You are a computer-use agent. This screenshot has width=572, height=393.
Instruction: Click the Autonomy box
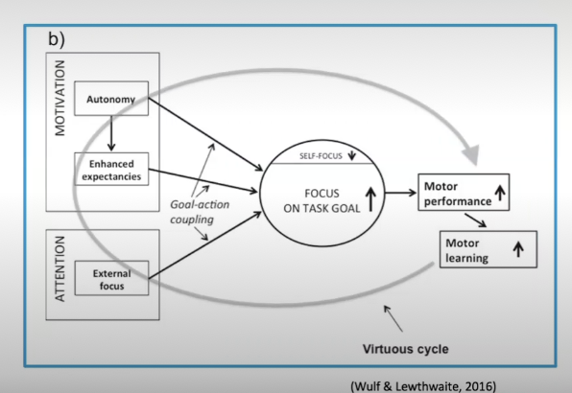(111, 99)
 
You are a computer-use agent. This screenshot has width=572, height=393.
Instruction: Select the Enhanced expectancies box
(111, 169)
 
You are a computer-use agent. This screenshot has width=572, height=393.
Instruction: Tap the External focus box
(111, 278)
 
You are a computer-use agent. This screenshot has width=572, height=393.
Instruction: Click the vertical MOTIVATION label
(60, 98)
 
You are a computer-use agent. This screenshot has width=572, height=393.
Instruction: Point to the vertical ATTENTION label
(60, 268)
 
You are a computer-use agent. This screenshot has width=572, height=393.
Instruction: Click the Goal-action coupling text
(200, 212)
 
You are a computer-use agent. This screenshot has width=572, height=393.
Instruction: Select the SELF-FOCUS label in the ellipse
(321, 156)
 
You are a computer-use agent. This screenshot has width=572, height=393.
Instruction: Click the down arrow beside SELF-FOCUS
(351, 155)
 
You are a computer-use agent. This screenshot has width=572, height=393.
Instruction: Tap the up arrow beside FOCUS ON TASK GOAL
(370, 199)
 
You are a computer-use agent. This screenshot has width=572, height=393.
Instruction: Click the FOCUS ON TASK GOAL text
(322, 200)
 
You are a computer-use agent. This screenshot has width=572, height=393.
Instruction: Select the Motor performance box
(464, 193)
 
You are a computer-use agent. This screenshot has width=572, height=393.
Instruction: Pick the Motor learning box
(489, 249)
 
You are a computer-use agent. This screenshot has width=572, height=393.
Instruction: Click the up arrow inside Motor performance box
(500, 193)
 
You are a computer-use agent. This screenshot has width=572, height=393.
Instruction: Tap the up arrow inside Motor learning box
(518, 249)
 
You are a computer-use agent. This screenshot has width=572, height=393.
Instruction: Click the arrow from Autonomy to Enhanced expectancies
(111, 133)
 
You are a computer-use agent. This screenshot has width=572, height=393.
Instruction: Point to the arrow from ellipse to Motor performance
(400, 193)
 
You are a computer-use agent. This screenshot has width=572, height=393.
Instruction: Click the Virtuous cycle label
(405, 349)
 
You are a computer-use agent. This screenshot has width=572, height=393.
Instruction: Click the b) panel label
(57, 39)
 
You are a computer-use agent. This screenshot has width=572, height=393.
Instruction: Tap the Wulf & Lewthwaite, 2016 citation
(423, 386)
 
